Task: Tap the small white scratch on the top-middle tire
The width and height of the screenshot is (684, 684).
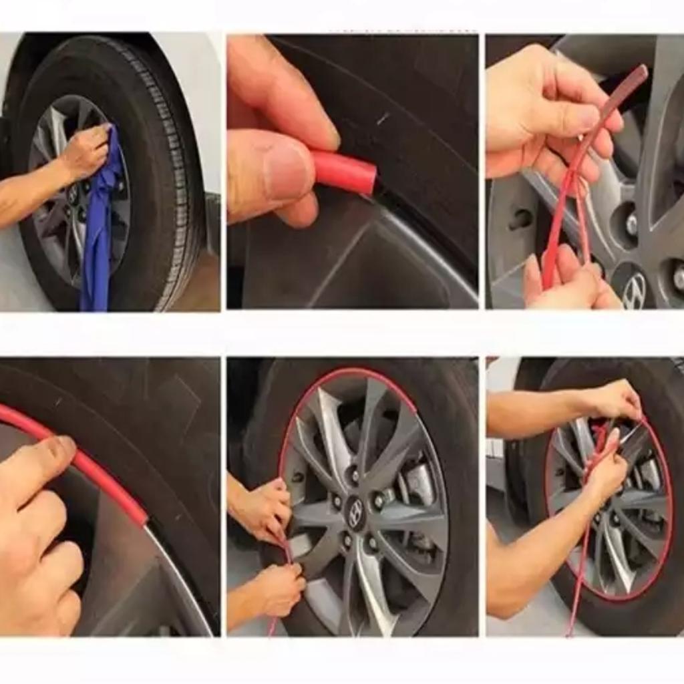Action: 383,119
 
